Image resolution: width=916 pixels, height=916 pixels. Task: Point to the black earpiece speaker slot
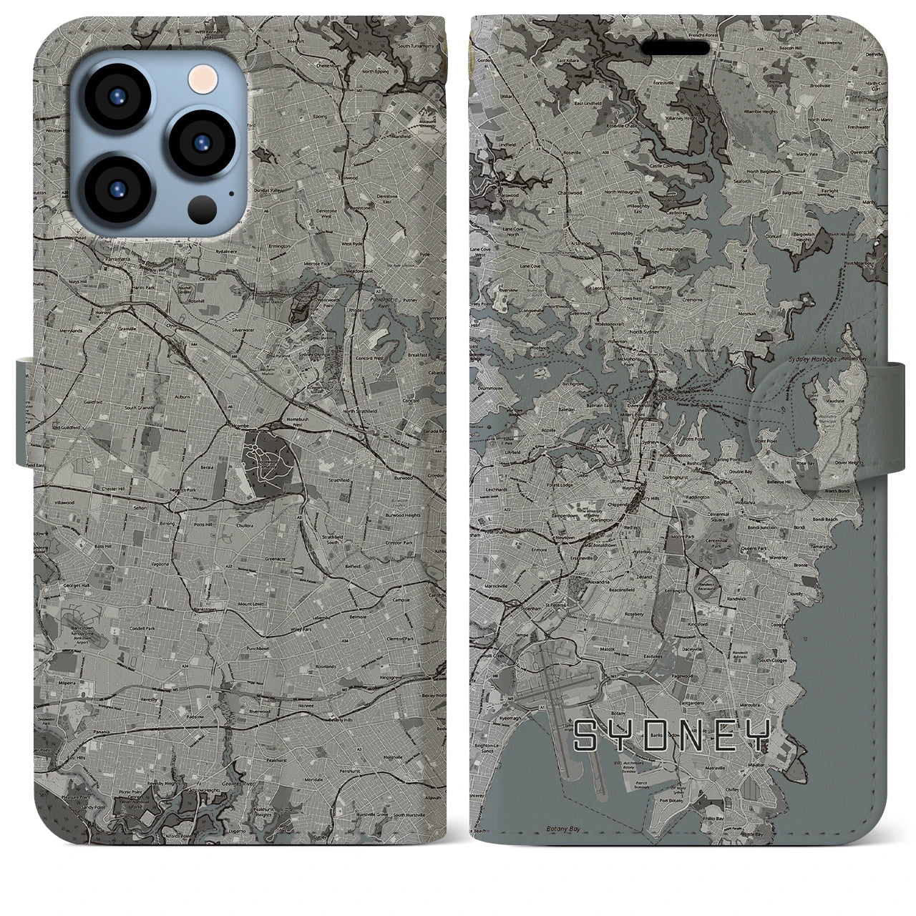[676, 48]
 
